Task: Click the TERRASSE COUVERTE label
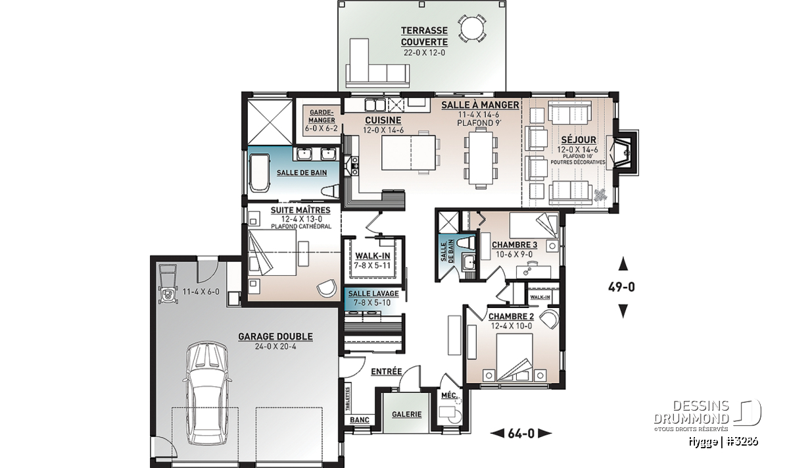pos(424,36)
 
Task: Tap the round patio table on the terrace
pos(472,28)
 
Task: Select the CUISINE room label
pos(383,120)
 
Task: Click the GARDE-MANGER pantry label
pos(322,117)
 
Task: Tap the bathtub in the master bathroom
pos(260,172)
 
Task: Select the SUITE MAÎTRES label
pos(300,210)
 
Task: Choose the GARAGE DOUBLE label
pos(275,336)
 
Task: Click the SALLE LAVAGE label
pos(373,294)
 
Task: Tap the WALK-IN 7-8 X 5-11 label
pos(373,260)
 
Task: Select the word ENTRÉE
pos(387,372)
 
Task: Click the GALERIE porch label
pos(407,415)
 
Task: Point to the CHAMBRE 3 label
pos(515,245)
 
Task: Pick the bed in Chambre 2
pos(515,357)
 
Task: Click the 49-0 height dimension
pos(622,287)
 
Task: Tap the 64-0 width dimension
pos(521,433)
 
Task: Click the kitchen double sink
pos(375,105)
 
